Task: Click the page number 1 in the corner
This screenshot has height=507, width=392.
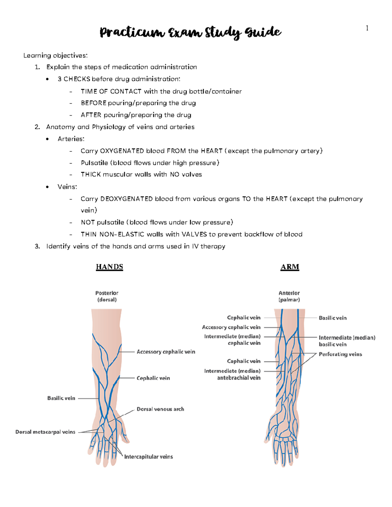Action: [367, 28]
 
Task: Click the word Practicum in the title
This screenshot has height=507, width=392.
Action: [132, 33]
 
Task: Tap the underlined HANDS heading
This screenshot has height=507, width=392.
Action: [109, 267]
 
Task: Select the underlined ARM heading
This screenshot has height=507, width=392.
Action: [290, 267]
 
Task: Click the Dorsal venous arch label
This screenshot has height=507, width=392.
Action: [160, 409]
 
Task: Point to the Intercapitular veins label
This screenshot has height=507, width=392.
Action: [148, 457]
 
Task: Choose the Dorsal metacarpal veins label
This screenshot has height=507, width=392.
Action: [45, 432]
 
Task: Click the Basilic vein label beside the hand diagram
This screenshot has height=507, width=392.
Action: [61, 398]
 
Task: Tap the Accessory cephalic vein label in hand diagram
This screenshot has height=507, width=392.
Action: [166, 352]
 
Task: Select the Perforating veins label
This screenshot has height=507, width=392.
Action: [340, 354]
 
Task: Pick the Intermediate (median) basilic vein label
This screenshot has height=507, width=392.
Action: [347, 341]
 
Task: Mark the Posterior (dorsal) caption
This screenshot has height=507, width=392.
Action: [107, 296]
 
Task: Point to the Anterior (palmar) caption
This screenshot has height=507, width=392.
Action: [289, 296]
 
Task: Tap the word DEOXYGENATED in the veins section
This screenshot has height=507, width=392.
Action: [126, 199]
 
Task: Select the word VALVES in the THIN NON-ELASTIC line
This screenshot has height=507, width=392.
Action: [194, 234]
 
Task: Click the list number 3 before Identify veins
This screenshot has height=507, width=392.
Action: [37, 246]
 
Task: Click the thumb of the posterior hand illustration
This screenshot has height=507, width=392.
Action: [124, 436]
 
